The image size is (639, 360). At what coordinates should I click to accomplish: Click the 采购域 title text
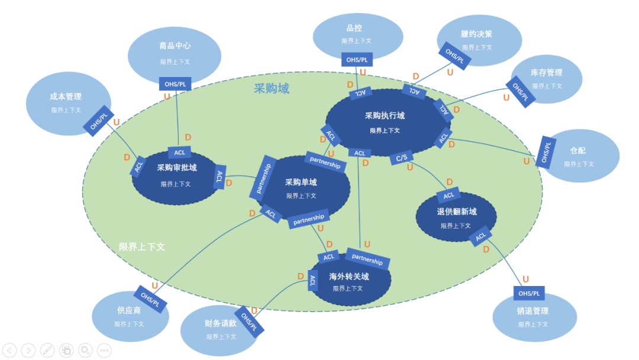(272, 89)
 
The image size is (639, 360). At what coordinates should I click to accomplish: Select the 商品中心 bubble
(175, 53)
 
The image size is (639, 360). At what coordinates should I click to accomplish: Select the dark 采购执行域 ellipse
(385, 121)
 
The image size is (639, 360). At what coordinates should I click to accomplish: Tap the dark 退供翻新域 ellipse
(456, 218)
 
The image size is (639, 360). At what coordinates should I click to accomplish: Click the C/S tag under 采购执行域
(401, 157)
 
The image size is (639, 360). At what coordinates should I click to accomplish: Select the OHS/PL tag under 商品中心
(175, 84)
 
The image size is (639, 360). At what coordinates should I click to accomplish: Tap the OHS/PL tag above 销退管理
(529, 294)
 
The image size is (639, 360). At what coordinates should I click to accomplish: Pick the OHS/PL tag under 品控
(357, 60)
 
